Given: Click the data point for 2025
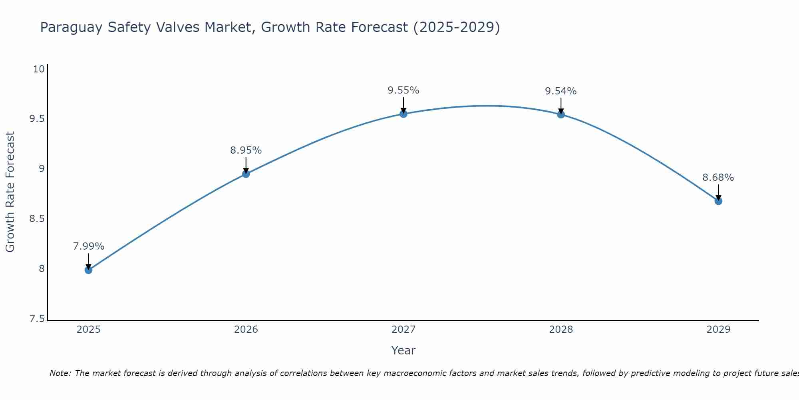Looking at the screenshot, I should (88, 270).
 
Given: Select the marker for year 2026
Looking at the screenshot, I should (246, 174).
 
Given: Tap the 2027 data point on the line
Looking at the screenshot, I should (403, 114).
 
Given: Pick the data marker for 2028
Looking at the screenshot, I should (561, 115).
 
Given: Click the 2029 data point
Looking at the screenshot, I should (718, 201).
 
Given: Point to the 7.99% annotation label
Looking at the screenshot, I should (88, 246).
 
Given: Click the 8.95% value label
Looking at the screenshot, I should (246, 150).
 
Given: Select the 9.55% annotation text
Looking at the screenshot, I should (403, 90).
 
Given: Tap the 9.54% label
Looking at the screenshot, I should (561, 91).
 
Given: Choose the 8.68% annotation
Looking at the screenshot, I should (718, 178).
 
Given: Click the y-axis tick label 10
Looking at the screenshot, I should (39, 69).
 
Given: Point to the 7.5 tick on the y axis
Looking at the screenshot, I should (37, 319).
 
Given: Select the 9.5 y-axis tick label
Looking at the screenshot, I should (37, 119).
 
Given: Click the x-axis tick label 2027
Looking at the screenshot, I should (403, 330).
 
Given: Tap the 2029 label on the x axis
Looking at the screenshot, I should (718, 330).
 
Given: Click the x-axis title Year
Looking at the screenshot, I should (403, 350).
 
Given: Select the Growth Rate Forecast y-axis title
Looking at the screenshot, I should (10, 192).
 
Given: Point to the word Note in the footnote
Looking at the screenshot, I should (60, 373).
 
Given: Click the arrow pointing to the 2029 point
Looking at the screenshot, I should (718, 192).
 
